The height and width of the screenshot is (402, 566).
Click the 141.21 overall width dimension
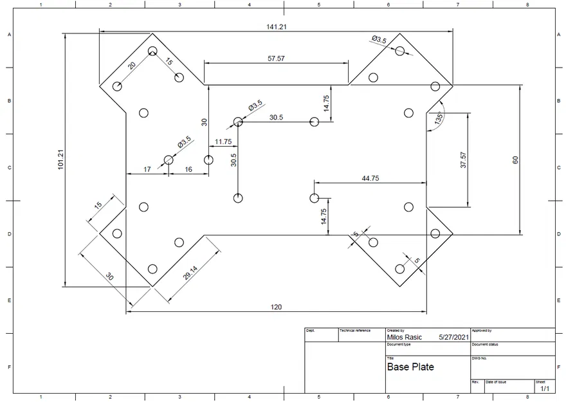point(276,26)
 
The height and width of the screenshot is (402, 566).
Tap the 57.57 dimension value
point(276,59)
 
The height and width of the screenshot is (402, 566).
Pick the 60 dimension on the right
point(515,160)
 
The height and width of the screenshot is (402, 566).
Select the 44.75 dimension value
point(370,178)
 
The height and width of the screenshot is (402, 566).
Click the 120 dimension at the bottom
point(276,307)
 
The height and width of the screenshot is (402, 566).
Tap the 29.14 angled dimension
point(190,273)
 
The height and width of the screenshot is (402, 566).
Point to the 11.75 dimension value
point(223,142)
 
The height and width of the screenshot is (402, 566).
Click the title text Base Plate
point(410,367)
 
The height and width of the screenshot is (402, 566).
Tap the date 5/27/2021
point(454,336)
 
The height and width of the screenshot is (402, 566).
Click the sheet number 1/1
point(544,388)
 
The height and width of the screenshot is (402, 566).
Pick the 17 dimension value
point(147,170)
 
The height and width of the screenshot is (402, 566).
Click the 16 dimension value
point(188,170)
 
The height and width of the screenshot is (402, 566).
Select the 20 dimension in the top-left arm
point(132,66)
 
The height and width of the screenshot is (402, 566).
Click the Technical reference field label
point(355,331)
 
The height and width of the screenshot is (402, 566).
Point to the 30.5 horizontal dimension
point(276,118)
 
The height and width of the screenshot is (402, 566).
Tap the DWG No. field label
point(480,358)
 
